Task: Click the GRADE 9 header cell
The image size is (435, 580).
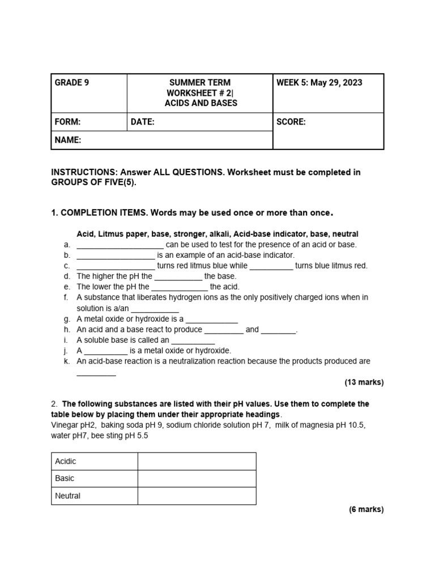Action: click(71, 83)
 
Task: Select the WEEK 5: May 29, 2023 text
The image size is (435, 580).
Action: click(319, 83)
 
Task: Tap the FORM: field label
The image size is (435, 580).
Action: click(67, 122)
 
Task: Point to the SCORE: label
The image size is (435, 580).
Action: click(291, 122)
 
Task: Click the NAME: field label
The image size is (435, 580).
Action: click(68, 140)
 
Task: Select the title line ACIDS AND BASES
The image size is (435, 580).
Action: click(201, 103)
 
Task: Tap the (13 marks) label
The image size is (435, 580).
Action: click(364, 382)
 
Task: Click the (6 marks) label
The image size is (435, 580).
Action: click(366, 509)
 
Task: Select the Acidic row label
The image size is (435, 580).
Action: click(66, 461)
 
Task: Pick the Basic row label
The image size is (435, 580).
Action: click(65, 478)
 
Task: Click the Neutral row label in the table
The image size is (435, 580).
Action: click(68, 496)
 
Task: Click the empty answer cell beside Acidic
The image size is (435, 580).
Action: click(197, 461)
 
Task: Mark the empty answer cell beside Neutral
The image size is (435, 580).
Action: click(197, 496)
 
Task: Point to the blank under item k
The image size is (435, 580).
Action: click(96, 373)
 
